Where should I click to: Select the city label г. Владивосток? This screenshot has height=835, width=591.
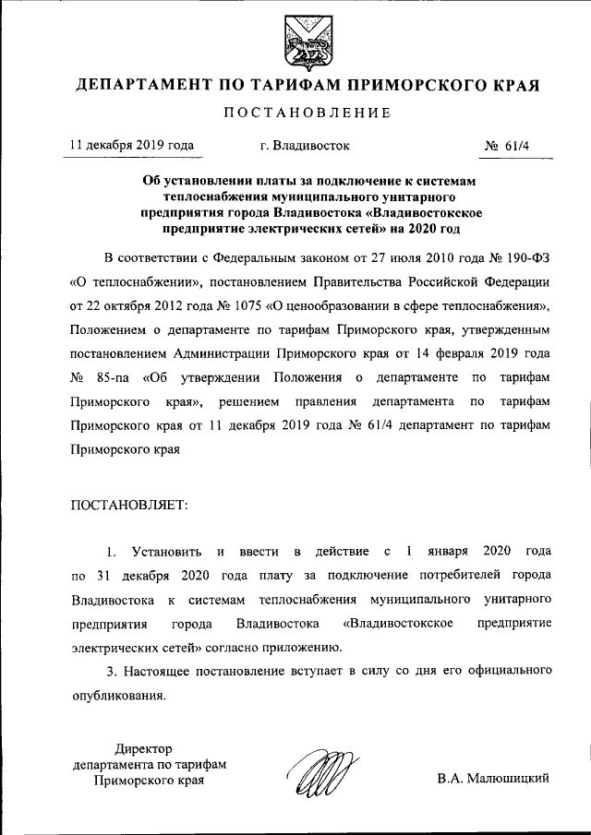(x=305, y=146)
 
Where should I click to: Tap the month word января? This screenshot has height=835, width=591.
(x=449, y=552)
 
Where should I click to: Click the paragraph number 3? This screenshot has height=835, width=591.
(x=111, y=673)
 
